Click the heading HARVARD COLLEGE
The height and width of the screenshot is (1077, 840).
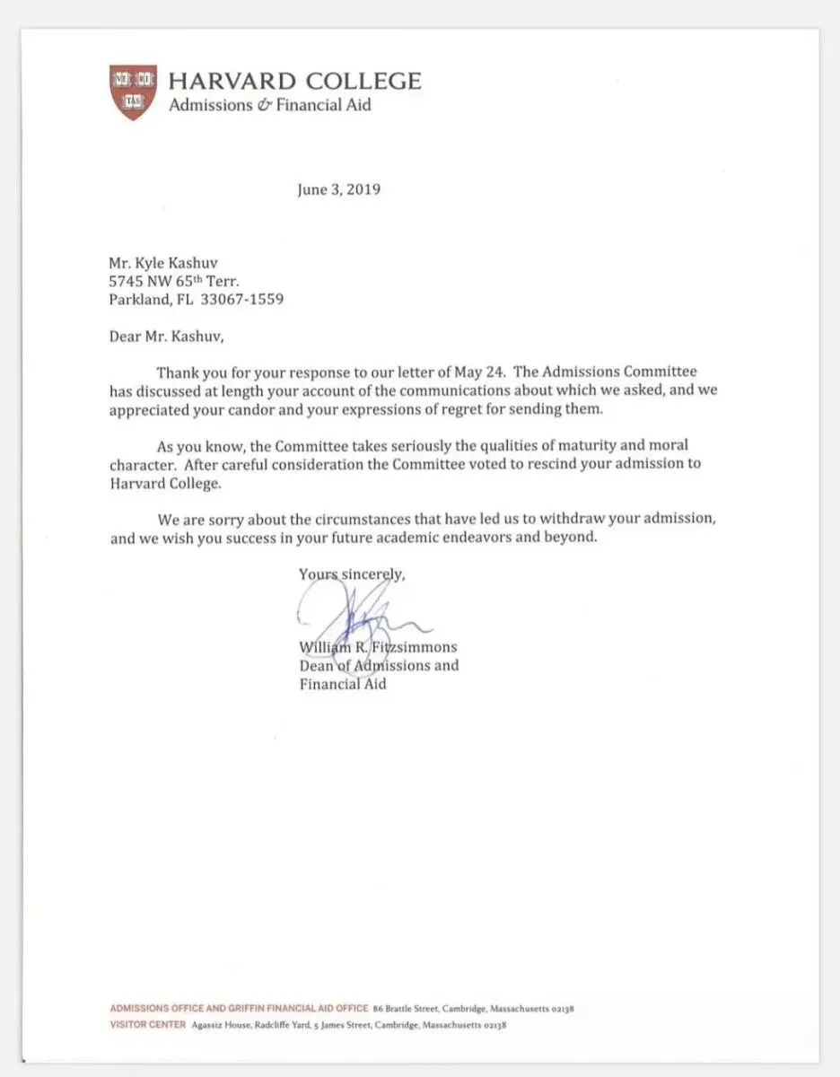click(294, 81)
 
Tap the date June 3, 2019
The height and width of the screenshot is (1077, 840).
click(339, 190)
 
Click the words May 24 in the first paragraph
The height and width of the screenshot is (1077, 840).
click(496, 372)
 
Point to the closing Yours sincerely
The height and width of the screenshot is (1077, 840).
click(352, 575)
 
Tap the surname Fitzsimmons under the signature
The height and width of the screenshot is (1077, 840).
click(416, 647)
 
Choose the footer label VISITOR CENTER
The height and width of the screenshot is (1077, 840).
click(148, 1024)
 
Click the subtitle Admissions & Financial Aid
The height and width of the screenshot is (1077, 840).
click(269, 105)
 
